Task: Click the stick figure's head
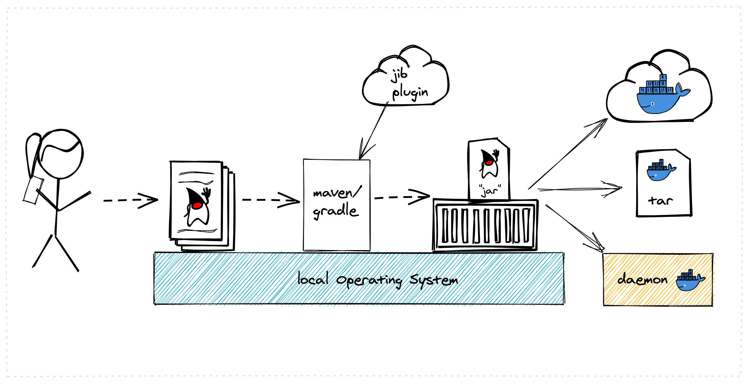(60, 154)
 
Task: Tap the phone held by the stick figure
(33, 190)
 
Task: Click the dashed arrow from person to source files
(130, 200)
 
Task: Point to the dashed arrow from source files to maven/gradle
(271, 200)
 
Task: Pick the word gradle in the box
(335, 211)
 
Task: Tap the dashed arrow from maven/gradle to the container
(402, 197)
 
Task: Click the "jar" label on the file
(490, 190)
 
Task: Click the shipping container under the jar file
(485, 225)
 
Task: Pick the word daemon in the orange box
(642, 279)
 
